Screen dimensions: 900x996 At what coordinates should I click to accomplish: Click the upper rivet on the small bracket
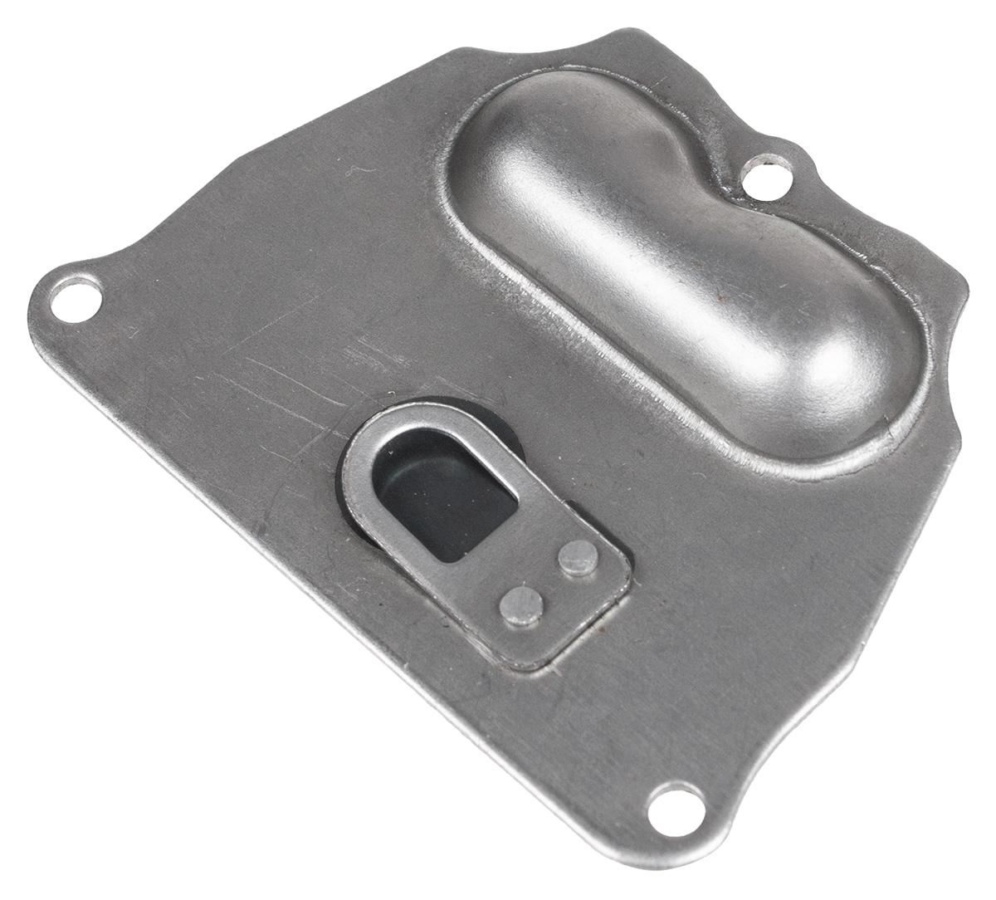(x=578, y=557)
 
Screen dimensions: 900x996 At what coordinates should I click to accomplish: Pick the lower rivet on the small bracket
(x=520, y=604)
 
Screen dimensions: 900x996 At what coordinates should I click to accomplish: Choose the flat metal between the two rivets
(x=549, y=581)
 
